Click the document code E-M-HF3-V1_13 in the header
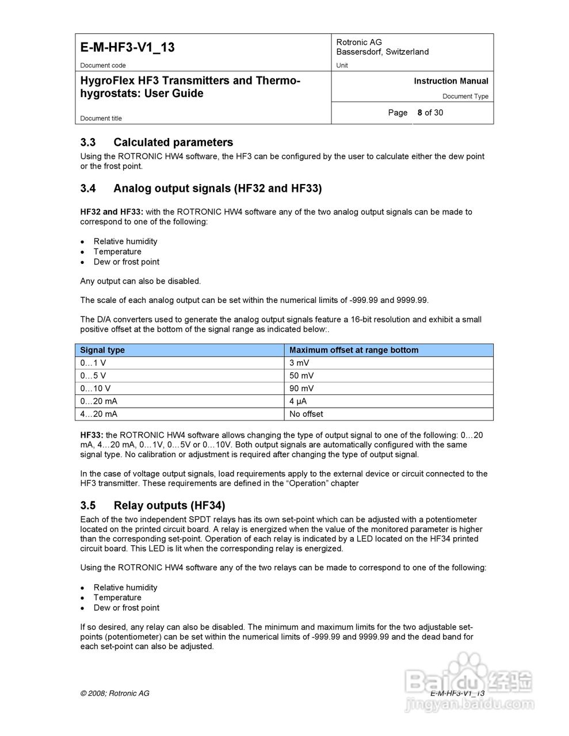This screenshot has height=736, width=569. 127,48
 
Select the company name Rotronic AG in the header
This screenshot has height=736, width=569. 359,42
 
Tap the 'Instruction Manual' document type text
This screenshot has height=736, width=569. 450,81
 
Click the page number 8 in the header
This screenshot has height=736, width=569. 420,113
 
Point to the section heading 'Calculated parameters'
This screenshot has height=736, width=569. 173,143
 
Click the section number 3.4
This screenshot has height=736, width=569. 88,189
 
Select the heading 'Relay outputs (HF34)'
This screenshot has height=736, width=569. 169,505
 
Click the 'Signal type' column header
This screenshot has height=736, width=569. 102,350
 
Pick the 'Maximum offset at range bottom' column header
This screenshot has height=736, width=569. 354,350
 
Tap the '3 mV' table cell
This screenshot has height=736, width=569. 299,363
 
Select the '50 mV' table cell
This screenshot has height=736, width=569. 301,375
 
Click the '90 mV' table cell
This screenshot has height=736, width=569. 301,388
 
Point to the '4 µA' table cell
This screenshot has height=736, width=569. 298,401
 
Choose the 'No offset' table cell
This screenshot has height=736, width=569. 306,414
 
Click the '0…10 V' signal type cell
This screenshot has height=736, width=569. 96,388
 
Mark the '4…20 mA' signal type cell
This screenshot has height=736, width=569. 99,414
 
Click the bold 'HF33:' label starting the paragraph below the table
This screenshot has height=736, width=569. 91,435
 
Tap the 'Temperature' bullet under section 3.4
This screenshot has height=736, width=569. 117,252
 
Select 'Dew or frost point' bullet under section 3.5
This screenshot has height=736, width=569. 127,608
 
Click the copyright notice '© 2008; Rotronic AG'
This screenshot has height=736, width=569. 114,693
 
